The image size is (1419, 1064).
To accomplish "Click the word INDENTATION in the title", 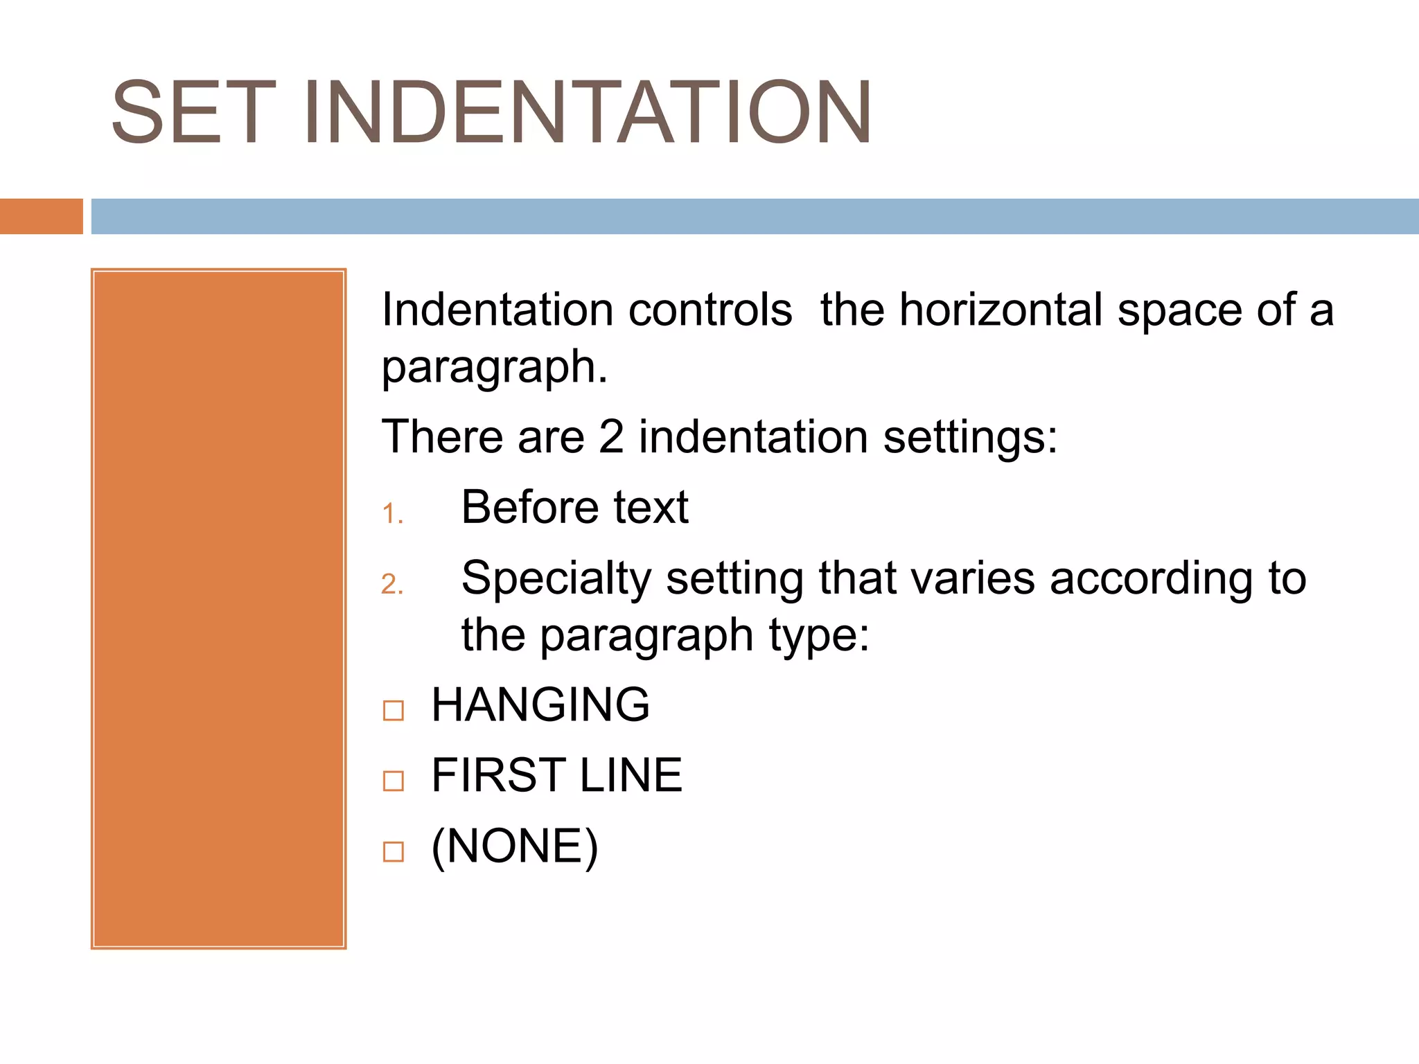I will [587, 113].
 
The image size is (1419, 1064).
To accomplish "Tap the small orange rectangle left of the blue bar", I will [41, 216].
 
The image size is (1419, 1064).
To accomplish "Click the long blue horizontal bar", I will [754, 216].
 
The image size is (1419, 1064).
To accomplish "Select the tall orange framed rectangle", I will [218, 608].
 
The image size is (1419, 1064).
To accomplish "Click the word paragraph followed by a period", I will [493, 368].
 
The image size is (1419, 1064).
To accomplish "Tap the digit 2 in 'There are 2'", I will [611, 437].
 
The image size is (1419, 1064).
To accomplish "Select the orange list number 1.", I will [391, 514].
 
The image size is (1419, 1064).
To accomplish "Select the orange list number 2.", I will [391, 585].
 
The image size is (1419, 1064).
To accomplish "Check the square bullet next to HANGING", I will [394, 710].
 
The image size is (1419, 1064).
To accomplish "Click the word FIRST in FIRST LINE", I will [498, 775].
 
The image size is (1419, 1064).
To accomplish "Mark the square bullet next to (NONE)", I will [394, 851].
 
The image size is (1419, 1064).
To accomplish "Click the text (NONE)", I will [514, 846].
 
